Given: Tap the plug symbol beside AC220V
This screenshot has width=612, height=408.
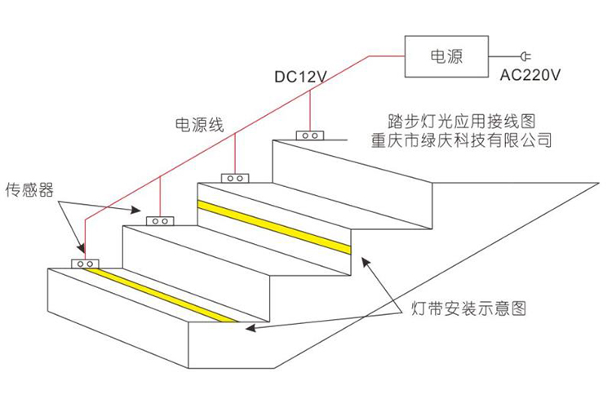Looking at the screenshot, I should [x=524, y=56].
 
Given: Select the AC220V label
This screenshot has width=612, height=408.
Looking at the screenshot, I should [x=530, y=77].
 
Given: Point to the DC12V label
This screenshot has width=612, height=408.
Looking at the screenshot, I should [x=300, y=78].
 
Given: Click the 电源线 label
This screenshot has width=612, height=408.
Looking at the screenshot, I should [x=199, y=124].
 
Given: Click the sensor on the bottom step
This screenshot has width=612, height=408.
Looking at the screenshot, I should [x=85, y=264].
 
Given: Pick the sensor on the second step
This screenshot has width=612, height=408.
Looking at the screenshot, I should [x=159, y=220].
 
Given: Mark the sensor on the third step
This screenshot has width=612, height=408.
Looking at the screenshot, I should [x=236, y=177].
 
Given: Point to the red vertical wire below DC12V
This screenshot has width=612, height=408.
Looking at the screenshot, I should [x=311, y=111].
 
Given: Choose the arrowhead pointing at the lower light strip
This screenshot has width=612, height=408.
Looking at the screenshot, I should [x=250, y=328].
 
